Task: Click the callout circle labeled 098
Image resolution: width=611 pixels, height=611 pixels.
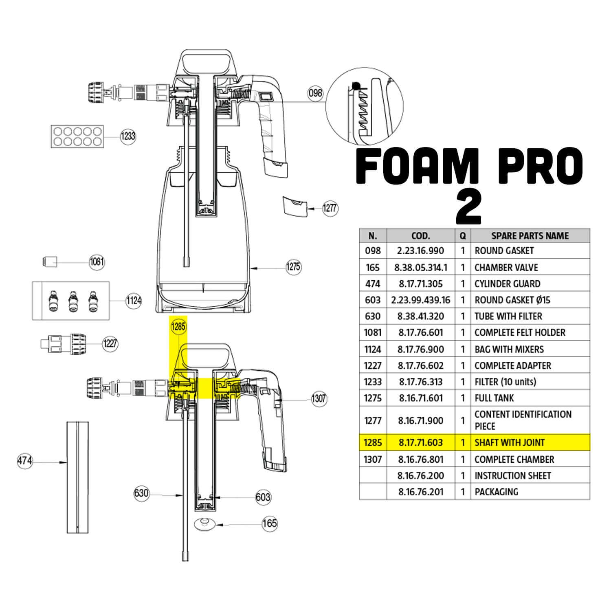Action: [x=315, y=93]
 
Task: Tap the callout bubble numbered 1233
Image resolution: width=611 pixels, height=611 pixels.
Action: [x=128, y=136]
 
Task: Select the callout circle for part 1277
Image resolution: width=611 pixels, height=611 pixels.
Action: [x=330, y=208]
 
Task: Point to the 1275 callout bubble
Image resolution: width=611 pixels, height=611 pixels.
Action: [x=293, y=267]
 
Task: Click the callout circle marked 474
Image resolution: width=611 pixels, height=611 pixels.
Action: [x=25, y=461]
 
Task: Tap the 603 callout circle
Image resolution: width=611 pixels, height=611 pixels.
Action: [x=263, y=497]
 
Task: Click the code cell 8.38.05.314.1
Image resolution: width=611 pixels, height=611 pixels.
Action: [x=421, y=267]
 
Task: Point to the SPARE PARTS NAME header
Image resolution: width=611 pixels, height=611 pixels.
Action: [x=530, y=235]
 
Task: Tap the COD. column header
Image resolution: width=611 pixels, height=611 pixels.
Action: [x=421, y=235]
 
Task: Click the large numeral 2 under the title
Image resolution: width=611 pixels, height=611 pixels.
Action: [x=468, y=207]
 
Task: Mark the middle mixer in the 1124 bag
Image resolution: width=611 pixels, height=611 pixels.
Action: [x=73, y=301]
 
